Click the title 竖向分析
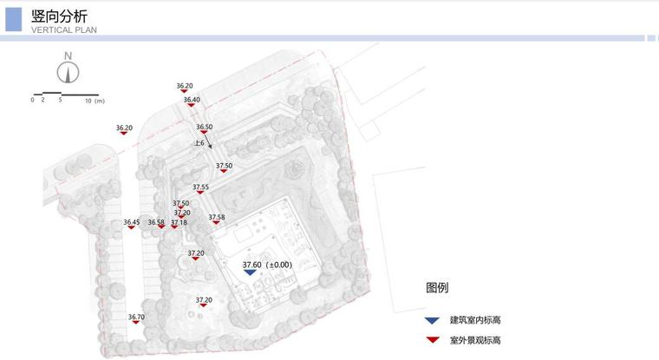(x=59, y=16)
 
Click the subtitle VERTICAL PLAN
(x=63, y=29)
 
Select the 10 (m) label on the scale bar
(x=95, y=101)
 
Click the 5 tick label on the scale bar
(x=61, y=101)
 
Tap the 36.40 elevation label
(x=192, y=100)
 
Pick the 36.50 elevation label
(x=204, y=127)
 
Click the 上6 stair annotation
(x=199, y=142)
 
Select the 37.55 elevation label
(x=200, y=187)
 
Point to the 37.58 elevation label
(x=216, y=217)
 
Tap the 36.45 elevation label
(x=131, y=222)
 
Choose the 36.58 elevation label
(x=156, y=222)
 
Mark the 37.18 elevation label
(x=179, y=222)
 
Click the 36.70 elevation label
(x=136, y=317)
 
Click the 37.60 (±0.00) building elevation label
(x=267, y=265)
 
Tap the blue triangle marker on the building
(x=250, y=272)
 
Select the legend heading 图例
(x=437, y=288)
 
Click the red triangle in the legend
(x=432, y=341)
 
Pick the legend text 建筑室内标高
(x=475, y=320)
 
